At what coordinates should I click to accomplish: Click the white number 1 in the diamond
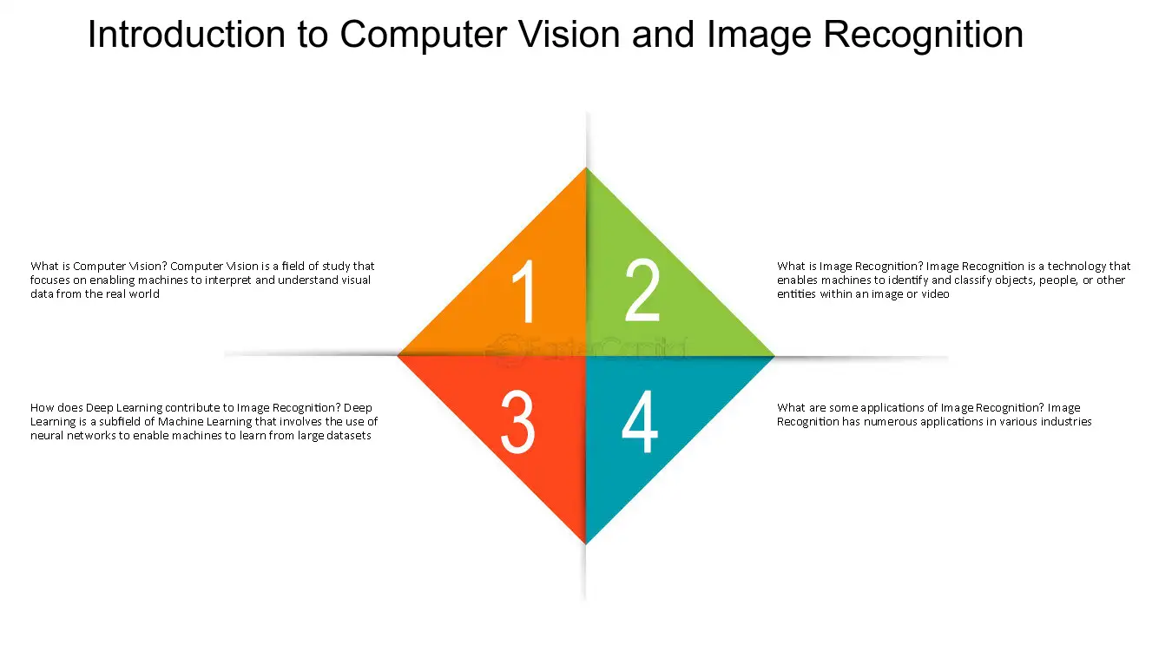(524, 291)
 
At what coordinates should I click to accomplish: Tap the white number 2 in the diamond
(643, 290)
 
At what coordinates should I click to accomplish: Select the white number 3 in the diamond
(518, 422)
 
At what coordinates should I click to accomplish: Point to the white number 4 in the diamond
(639, 421)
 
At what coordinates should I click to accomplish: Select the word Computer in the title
(424, 35)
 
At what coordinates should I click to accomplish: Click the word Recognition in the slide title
(924, 36)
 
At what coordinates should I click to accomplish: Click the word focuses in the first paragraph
(49, 280)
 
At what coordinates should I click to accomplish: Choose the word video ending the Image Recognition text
(935, 294)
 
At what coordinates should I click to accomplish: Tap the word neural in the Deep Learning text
(47, 436)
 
